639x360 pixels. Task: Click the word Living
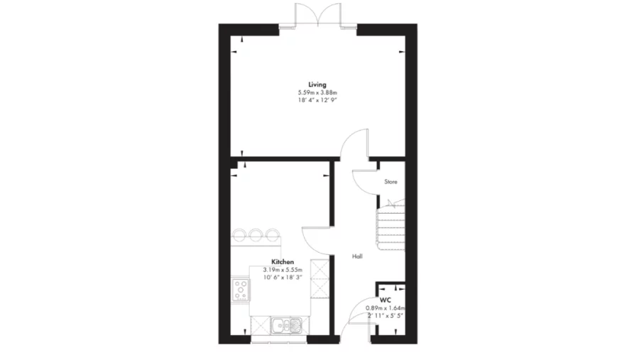(x=317, y=85)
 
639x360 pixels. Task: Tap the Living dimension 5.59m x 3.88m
(x=317, y=93)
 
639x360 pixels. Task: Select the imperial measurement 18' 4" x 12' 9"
(x=317, y=101)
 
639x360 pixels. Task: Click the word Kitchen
(x=283, y=262)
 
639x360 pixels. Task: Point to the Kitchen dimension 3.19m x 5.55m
(x=283, y=270)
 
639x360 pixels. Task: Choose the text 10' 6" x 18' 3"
(x=283, y=278)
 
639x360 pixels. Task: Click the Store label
(x=390, y=182)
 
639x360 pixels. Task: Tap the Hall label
(x=358, y=256)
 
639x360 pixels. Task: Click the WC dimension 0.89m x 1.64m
(x=390, y=307)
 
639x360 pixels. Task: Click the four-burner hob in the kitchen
(x=241, y=290)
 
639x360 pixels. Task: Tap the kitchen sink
(x=288, y=325)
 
